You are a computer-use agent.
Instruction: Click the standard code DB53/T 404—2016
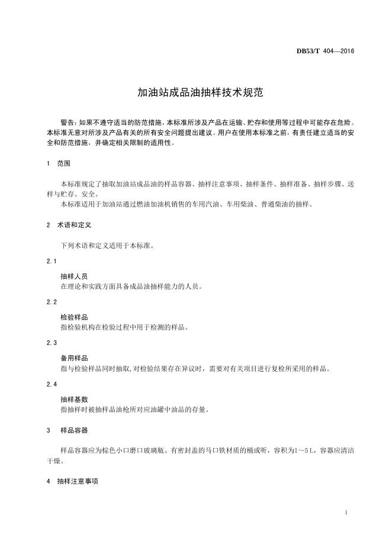325,51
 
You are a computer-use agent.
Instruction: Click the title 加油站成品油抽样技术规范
195,93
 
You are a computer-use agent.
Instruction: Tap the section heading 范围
63,163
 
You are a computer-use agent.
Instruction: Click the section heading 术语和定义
74,225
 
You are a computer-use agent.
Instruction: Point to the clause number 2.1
52,261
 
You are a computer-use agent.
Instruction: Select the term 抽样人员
74,276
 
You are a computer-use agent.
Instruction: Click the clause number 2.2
52,302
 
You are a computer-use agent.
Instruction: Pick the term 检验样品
74,317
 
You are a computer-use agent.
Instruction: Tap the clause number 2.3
52,343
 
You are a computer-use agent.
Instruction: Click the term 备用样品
74,358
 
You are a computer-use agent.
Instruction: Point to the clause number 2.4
52,384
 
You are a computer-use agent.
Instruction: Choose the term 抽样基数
74,400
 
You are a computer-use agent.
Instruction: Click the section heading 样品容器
74,430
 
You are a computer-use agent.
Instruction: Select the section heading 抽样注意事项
77,482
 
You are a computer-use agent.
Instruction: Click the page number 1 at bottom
346,512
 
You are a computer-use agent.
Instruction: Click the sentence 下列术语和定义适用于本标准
107,245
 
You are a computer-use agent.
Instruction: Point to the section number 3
48,430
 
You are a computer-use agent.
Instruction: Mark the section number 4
48,482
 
